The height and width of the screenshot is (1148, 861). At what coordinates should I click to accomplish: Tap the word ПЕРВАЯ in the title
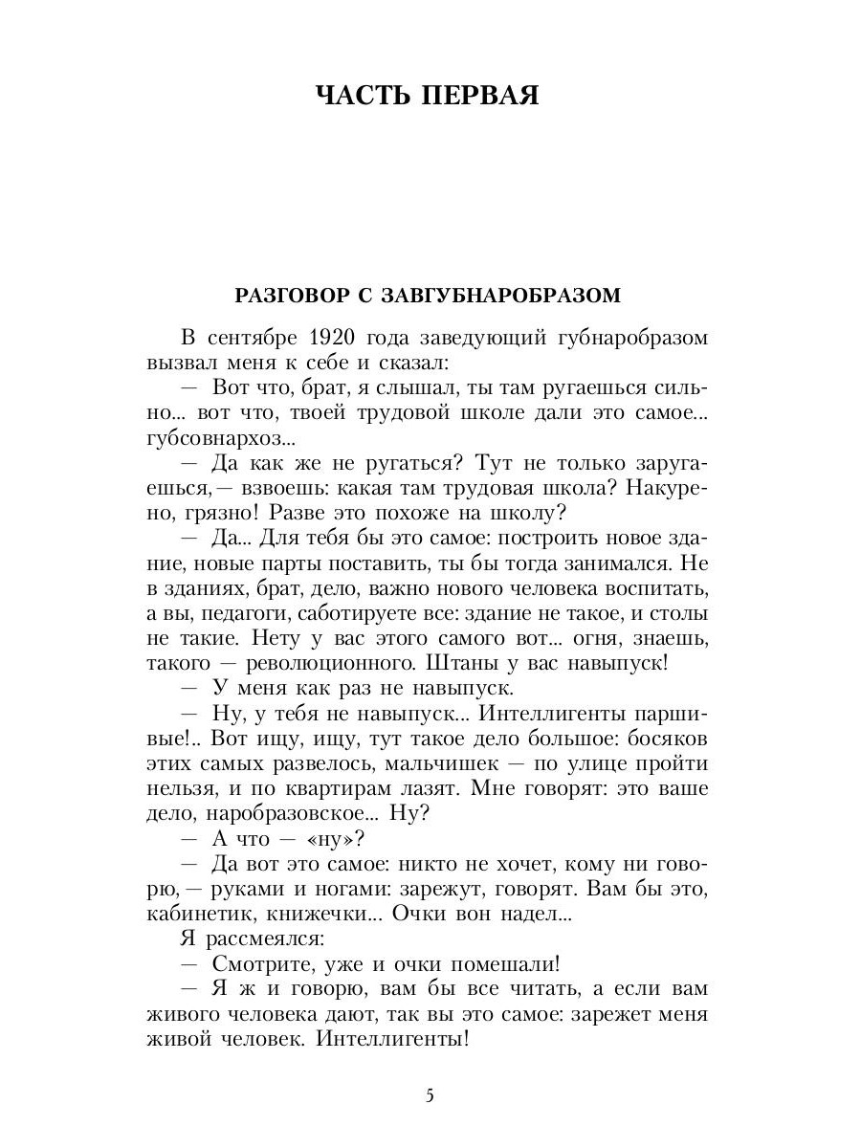[x=483, y=97]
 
